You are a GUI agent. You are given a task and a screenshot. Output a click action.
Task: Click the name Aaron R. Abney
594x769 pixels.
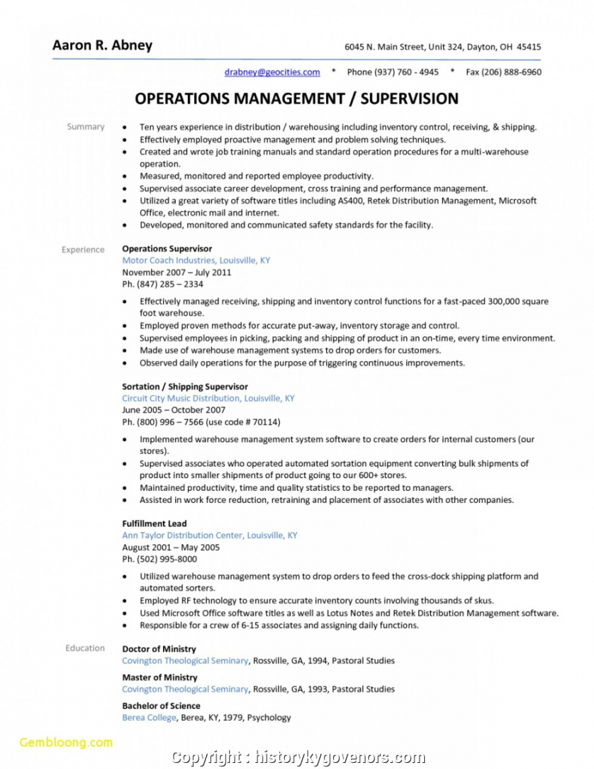[x=102, y=46]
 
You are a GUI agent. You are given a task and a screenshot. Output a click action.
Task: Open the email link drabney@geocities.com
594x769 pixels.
[x=272, y=72]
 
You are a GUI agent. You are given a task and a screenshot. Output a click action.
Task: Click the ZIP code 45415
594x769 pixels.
[x=529, y=47]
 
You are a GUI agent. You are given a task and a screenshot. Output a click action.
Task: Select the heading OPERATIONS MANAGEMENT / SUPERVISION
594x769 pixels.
[x=296, y=99]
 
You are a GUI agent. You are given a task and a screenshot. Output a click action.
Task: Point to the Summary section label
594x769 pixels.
[x=86, y=127]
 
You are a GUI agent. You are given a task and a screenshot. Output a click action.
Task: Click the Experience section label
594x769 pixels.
[x=83, y=249]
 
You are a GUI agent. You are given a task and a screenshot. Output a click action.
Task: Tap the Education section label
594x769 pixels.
[x=85, y=648]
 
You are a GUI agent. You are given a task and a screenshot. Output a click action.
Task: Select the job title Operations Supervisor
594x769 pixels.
[x=166, y=248]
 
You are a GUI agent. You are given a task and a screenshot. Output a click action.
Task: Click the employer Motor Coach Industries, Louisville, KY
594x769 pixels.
[x=195, y=260]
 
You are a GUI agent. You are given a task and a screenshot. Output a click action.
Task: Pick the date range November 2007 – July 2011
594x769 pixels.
[x=176, y=272]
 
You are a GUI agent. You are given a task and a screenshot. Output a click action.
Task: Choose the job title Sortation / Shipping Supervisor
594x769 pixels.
[x=185, y=387]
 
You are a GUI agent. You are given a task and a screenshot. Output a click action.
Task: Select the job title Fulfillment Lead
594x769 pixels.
[x=154, y=523]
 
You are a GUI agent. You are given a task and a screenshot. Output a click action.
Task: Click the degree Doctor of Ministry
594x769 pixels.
[x=159, y=649]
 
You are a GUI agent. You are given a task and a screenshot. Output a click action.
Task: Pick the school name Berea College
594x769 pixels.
[x=149, y=717]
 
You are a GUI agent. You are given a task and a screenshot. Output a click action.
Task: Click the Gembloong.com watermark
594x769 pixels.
[x=66, y=743]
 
